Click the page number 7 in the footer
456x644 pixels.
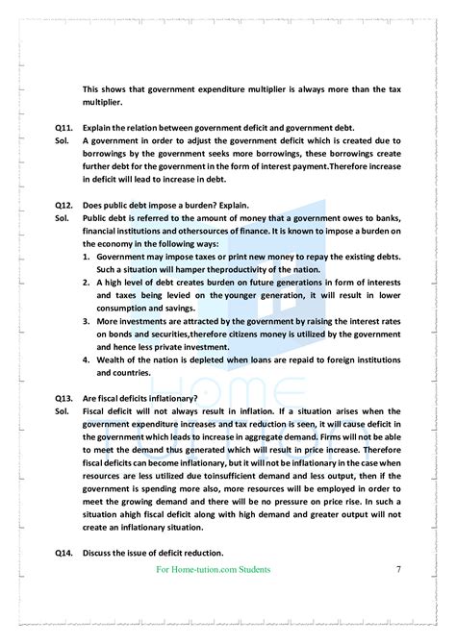[x=398, y=570]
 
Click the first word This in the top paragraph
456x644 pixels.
[x=92, y=88]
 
